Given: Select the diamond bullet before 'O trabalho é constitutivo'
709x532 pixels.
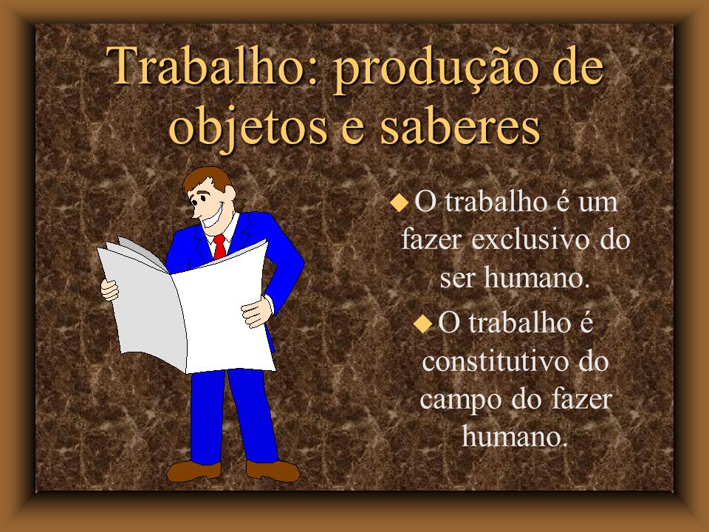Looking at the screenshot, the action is [422, 324].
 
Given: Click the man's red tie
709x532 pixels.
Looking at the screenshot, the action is [219, 247].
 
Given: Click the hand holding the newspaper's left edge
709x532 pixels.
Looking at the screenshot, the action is [110, 290].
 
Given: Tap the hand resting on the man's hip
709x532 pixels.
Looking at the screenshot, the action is [256, 311].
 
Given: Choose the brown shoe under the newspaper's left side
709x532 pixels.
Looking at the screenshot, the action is [194, 471].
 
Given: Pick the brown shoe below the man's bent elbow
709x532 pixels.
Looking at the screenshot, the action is [273, 471].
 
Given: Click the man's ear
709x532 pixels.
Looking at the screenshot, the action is [229, 194].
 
